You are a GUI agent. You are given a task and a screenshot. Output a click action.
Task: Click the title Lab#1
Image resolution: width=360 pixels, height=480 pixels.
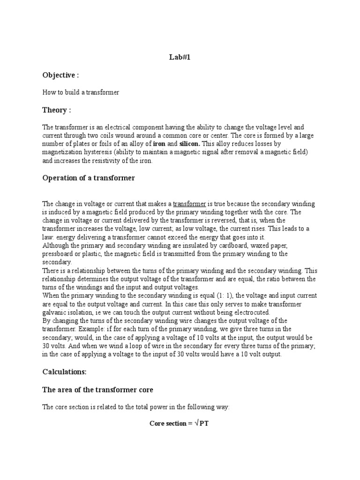tap(180, 58)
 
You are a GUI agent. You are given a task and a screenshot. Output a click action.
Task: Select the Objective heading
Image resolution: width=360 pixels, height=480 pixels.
tap(60, 75)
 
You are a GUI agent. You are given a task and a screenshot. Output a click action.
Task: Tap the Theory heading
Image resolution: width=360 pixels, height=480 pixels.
tap(57, 110)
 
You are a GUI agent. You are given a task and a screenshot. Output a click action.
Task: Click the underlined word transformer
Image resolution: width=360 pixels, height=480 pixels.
tap(189, 204)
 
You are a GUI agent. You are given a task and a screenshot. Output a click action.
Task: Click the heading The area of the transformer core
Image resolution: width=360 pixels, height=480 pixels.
tap(97, 390)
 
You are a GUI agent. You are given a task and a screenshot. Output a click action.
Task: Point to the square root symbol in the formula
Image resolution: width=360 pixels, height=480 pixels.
tap(197, 423)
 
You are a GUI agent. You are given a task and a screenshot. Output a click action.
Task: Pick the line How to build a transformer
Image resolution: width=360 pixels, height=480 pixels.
tap(81, 92)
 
